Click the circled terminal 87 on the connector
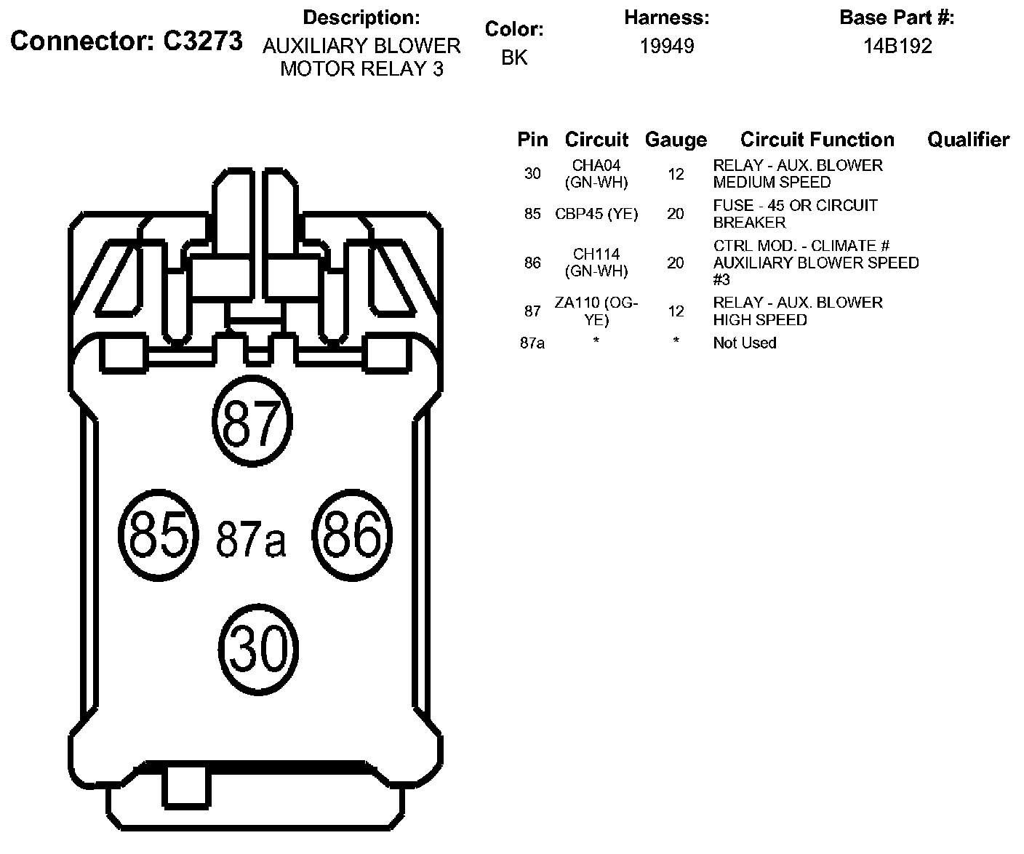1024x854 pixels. tap(253, 423)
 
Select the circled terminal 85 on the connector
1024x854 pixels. tap(159, 535)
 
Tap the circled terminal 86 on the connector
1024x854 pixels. tap(351, 535)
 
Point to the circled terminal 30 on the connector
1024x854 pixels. tap(259, 647)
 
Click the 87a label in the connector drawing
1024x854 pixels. tap(251, 540)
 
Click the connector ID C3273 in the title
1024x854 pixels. tap(202, 42)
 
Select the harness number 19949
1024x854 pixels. tap(667, 47)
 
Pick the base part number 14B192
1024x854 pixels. tap(897, 47)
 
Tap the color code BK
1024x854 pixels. tap(514, 58)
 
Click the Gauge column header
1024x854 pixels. tap(676, 140)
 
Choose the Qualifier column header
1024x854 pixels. tap(968, 140)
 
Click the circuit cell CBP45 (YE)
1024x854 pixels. tap(596, 214)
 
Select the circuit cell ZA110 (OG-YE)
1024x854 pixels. tap(596, 311)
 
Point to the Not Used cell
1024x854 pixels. tap(745, 343)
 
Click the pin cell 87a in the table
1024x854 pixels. tap(532, 343)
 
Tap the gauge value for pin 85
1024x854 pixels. tap(676, 214)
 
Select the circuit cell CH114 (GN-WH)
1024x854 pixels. tap(596, 263)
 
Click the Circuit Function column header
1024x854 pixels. tap(817, 140)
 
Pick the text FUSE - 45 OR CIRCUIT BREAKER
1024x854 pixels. tap(795, 214)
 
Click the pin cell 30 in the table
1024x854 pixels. tap(532, 174)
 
